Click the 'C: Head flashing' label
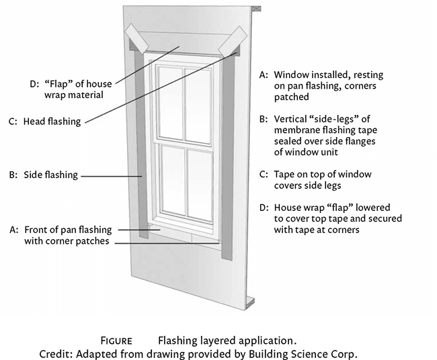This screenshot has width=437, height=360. point(50,122)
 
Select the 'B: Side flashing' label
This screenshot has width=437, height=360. point(50,175)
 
